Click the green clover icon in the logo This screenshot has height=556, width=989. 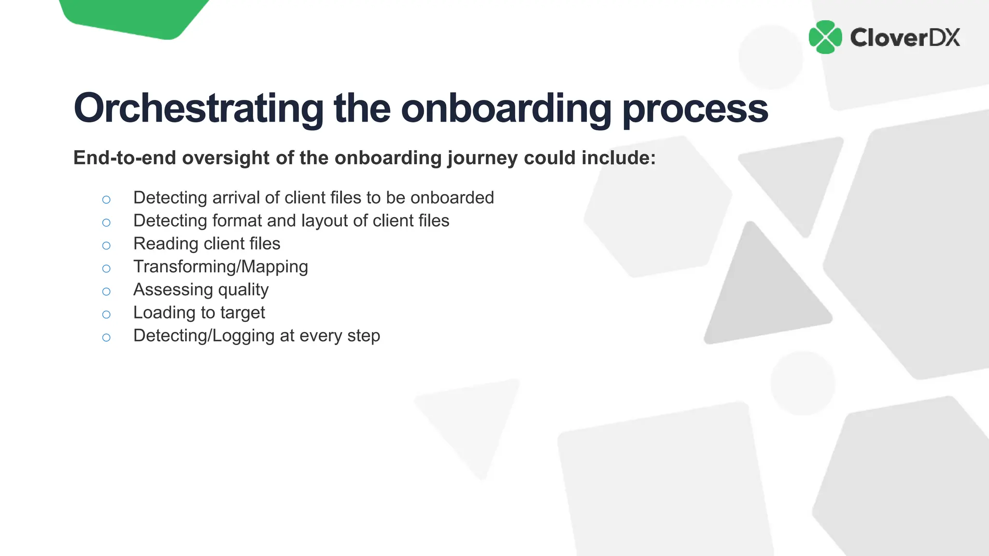pyautogui.click(x=825, y=37)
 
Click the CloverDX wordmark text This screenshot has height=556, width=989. pyautogui.click(x=904, y=38)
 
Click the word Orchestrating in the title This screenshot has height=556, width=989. pyautogui.click(x=198, y=109)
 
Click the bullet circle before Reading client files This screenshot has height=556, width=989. pyautogui.click(x=106, y=246)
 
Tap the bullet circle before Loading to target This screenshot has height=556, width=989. pyautogui.click(x=106, y=315)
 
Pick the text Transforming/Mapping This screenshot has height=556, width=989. pyautogui.click(x=220, y=267)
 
